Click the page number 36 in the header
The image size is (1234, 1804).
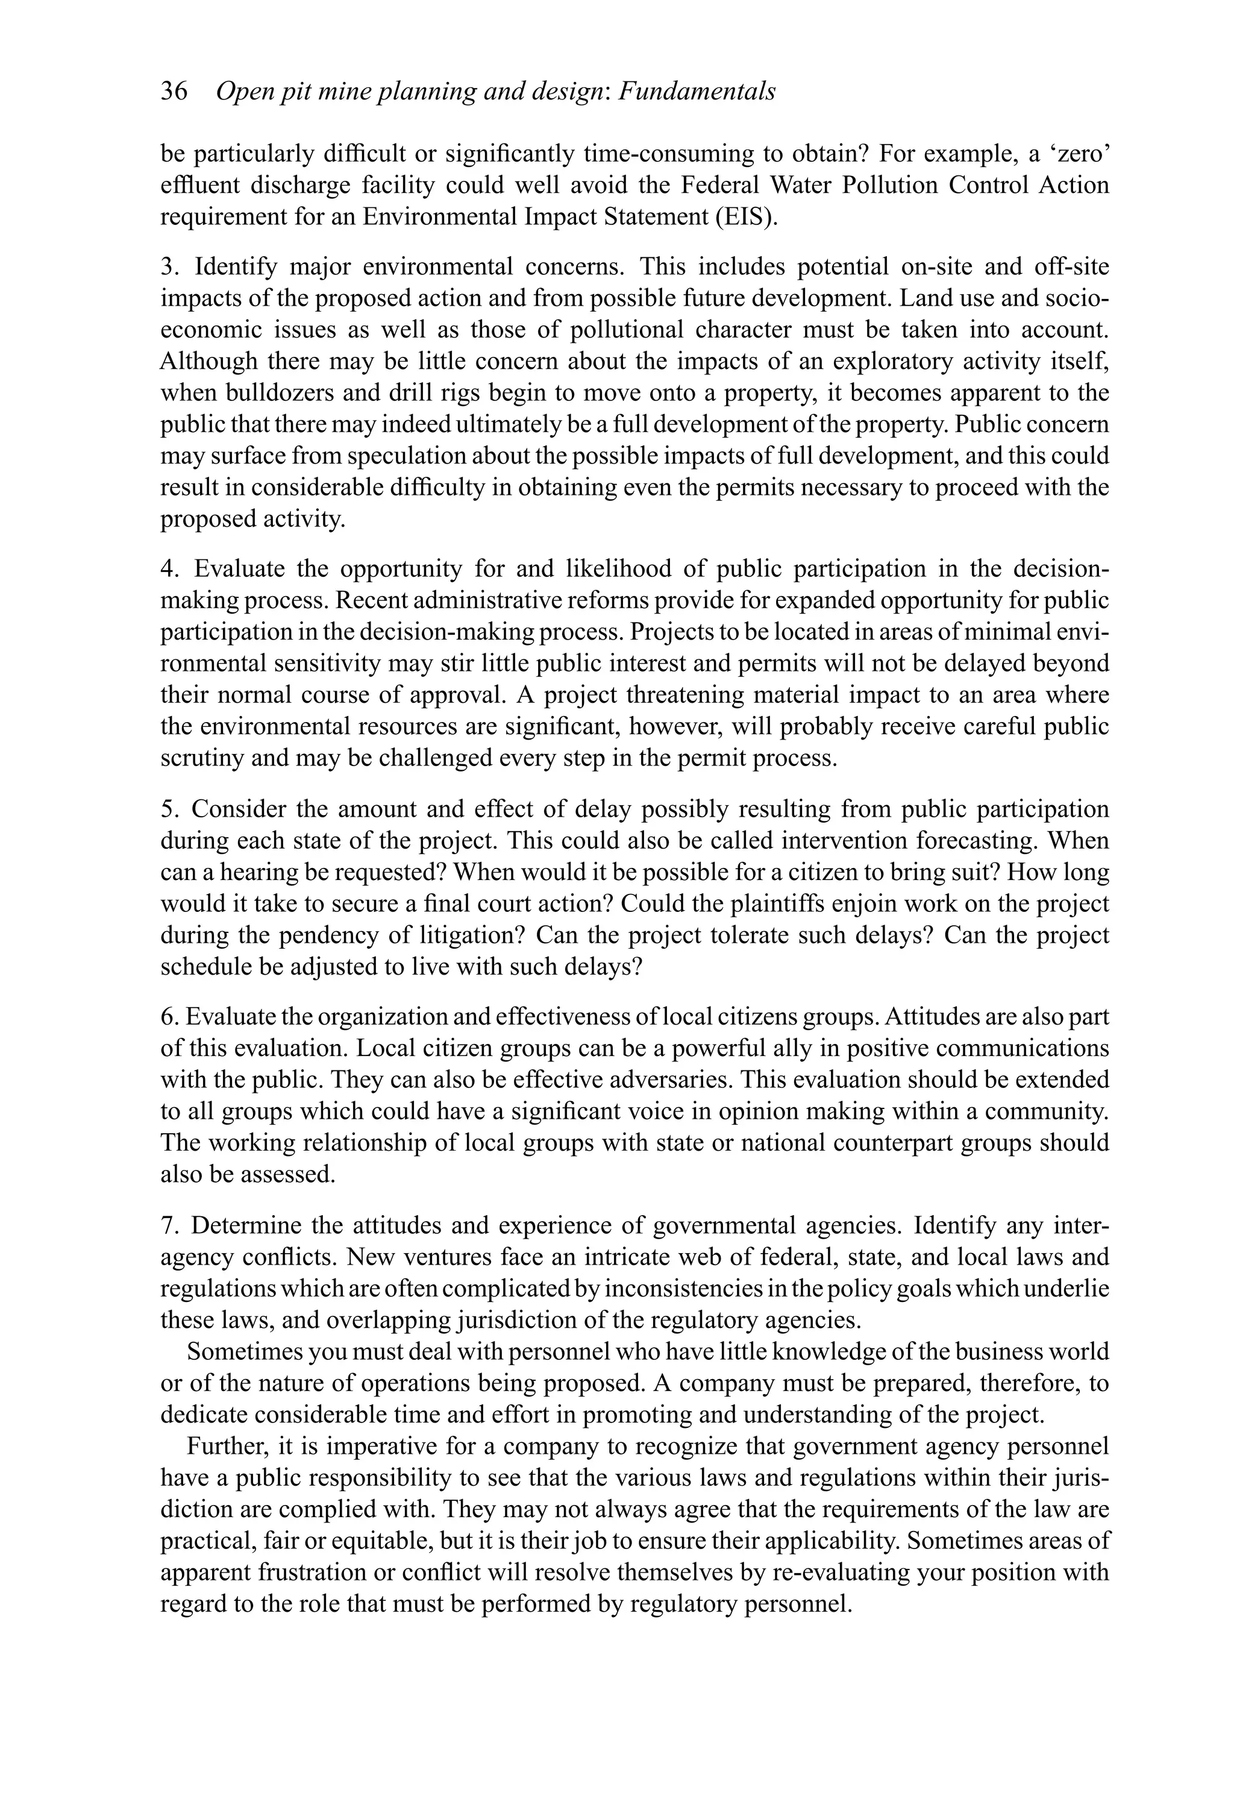point(174,92)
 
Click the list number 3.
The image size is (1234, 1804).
point(169,267)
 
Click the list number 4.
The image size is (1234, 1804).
point(169,569)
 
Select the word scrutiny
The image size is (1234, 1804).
point(202,758)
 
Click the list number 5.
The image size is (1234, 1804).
point(169,809)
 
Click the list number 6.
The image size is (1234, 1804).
point(169,1017)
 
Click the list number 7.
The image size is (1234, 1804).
point(169,1226)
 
